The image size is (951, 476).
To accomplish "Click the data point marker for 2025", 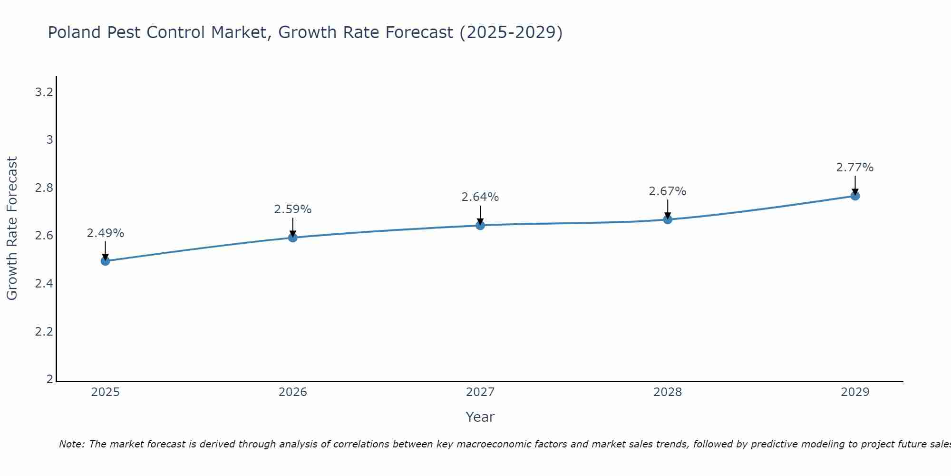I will tap(106, 261).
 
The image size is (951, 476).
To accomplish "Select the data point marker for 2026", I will tap(293, 237).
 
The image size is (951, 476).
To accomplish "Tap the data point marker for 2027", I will tap(480, 225).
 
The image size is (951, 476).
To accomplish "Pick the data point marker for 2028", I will tap(668, 219).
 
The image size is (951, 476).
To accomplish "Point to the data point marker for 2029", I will tap(855, 196).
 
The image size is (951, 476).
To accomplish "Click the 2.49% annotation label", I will tap(106, 233).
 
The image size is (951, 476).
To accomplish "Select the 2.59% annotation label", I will tap(293, 209).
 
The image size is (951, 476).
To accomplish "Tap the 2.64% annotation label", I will tap(480, 197).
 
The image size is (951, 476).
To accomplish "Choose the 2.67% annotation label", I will tap(668, 191).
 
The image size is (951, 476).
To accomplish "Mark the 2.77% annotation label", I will tap(855, 168).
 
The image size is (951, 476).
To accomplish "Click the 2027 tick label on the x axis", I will tap(480, 392).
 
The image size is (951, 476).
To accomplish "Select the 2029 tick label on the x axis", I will tap(855, 392).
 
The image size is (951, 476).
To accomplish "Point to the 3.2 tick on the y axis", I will tap(44, 92).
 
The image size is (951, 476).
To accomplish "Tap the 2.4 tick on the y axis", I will tap(44, 284).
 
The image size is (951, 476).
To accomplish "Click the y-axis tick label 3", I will tap(49, 140).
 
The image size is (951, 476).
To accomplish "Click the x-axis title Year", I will tap(480, 417).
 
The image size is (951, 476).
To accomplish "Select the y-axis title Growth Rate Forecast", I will tap(12, 228).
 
